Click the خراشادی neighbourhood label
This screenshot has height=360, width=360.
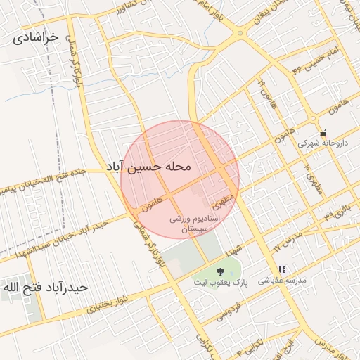[x=34, y=39]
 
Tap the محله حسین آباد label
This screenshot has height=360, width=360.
[x=148, y=167]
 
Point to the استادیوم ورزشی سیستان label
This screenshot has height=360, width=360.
[x=199, y=224]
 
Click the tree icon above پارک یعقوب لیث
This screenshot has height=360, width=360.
[x=220, y=271]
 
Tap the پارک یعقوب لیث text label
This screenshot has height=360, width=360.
[x=222, y=282]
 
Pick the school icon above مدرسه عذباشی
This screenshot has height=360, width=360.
[x=282, y=269]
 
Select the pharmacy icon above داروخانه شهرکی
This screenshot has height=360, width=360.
[x=323, y=133]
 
